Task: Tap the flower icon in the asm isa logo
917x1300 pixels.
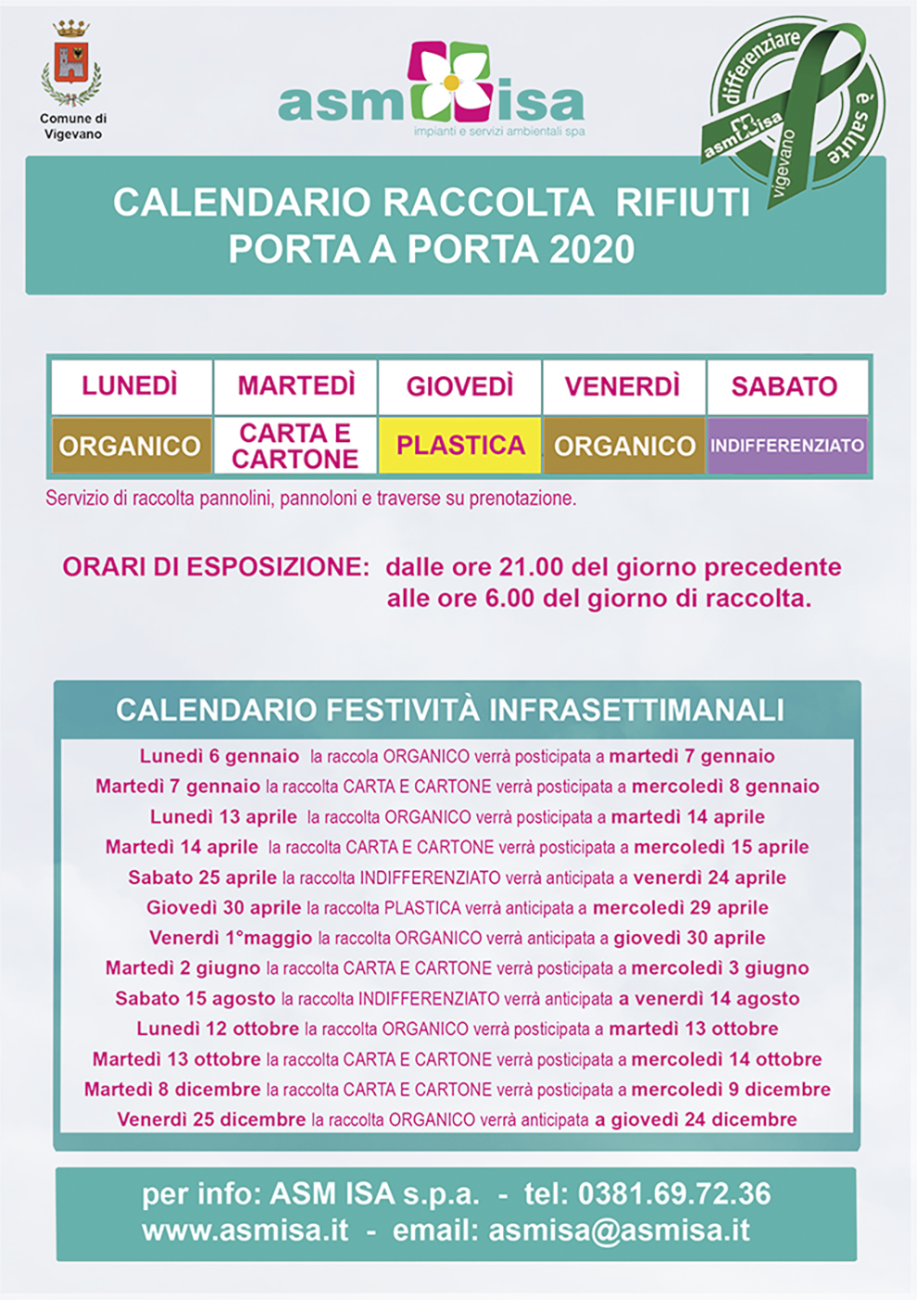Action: pyautogui.click(x=451, y=82)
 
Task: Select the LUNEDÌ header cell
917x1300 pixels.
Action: pyautogui.click(x=130, y=386)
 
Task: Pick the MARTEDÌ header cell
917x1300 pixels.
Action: pyautogui.click(x=295, y=386)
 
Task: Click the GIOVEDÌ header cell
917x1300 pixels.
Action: pyautogui.click(x=459, y=386)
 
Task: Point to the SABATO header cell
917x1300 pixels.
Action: pyautogui.click(x=785, y=386)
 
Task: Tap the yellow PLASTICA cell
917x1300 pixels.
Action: pyautogui.click(x=460, y=446)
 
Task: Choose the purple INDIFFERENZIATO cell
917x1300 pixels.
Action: pyautogui.click(x=787, y=446)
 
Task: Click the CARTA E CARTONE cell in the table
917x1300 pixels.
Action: pyautogui.click(x=295, y=446)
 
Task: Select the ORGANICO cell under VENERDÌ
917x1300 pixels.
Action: pyautogui.click(x=624, y=446)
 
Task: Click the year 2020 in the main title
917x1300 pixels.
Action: pyautogui.click(x=592, y=250)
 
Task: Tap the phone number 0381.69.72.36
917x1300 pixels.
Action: pyautogui.click(x=673, y=1194)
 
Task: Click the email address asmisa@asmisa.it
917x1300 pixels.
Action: pyautogui.click(x=619, y=1231)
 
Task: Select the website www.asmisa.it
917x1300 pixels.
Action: pyautogui.click(x=245, y=1231)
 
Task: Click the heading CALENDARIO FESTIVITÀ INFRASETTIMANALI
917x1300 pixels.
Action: pyautogui.click(x=450, y=711)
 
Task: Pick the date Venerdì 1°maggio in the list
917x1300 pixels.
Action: pyautogui.click(x=231, y=938)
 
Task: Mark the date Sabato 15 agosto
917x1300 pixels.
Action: pyautogui.click(x=195, y=999)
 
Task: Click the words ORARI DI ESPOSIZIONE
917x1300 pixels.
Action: pyautogui.click(x=216, y=567)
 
